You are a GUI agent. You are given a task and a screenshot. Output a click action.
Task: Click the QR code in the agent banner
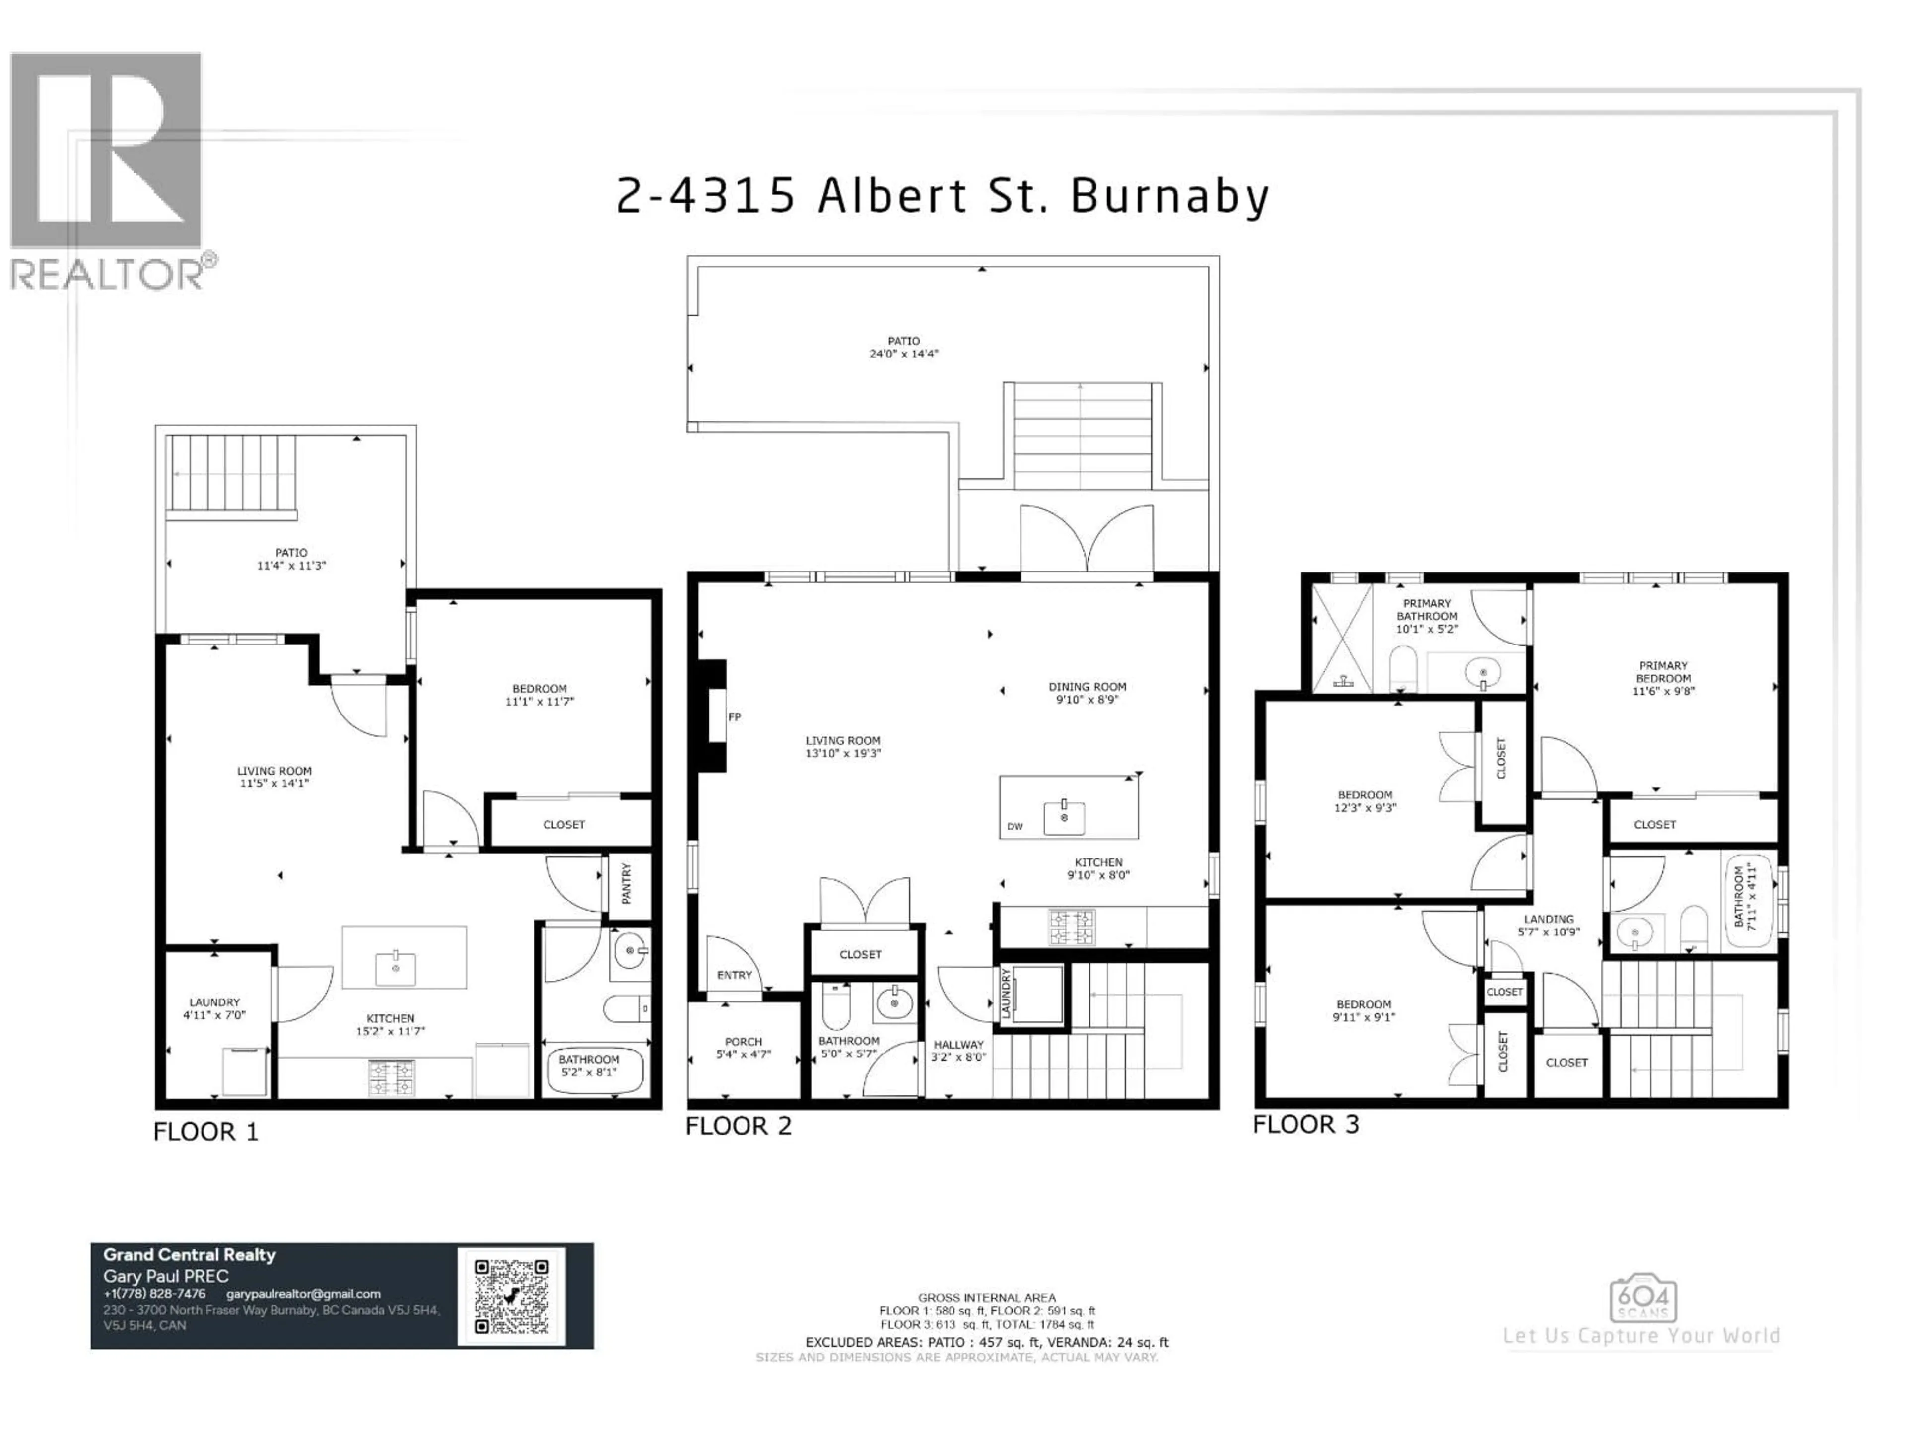pyautogui.click(x=511, y=1295)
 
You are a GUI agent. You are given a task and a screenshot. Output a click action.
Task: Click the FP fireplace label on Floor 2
pyautogui.click(x=734, y=716)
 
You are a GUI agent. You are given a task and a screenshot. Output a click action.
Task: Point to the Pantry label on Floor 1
pyautogui.click(x=626, y=883)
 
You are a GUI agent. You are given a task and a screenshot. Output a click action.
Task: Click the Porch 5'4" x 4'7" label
pyautogui.click(x=743, y=1047)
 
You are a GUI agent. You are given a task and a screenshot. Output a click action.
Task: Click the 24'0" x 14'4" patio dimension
pyautogui.click(x=903, y=354)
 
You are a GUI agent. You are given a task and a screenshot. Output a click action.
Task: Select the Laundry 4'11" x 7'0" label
pyautogui.click(x=214, y=1008)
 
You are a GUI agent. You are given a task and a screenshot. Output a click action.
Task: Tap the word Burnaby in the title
pyautogui.click(x=1169, y=197)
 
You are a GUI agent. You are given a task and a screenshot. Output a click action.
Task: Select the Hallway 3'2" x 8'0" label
pyautogui.click(x=958, y=1050)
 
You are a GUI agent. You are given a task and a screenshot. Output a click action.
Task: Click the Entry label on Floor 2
pyautogui.click(x=734, y=975)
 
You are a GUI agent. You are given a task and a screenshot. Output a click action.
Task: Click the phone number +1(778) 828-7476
pyautogui.click(x=154, y=1294)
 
